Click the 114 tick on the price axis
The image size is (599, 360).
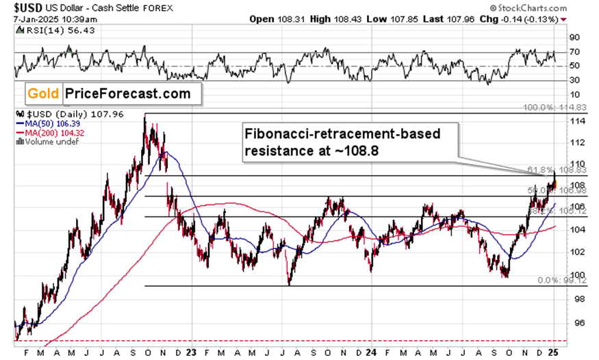(x=578, y=120)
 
